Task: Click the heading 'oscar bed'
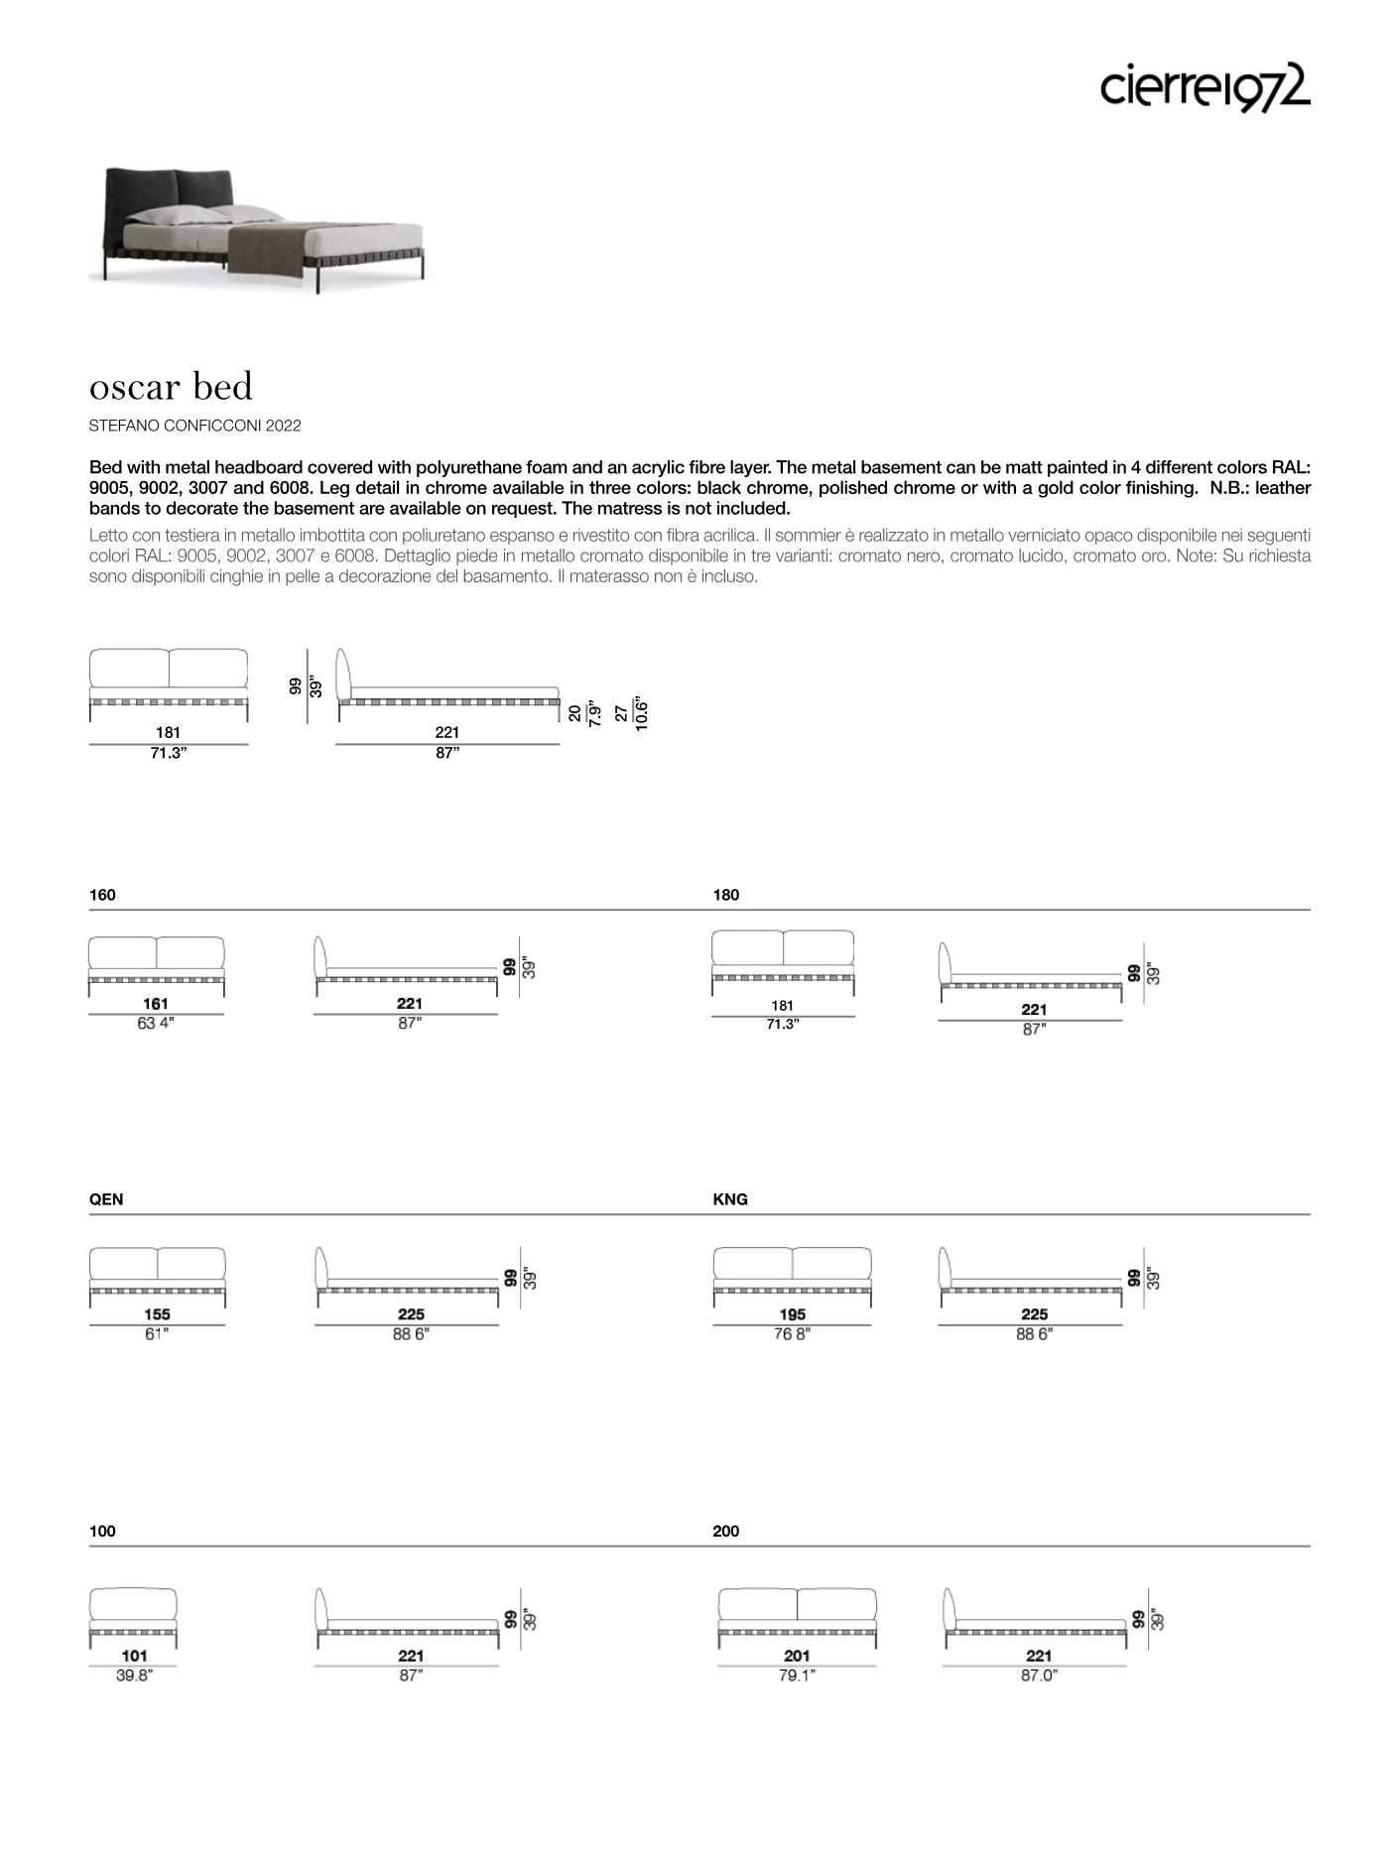171,386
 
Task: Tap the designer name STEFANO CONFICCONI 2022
194,426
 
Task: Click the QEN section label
106,1199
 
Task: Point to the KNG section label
730,1199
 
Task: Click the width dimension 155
157,1314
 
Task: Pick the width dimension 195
792,1314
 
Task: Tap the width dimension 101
134,1656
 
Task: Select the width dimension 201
797,1656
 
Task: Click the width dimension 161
156,1004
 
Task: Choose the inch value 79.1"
797,1675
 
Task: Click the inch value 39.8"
134,1675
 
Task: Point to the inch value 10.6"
642,713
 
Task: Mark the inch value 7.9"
594,713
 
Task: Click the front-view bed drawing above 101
133,1617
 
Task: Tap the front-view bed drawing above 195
792,1276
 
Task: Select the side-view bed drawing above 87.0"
1035,1617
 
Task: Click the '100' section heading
102,1532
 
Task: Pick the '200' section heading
726,1532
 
